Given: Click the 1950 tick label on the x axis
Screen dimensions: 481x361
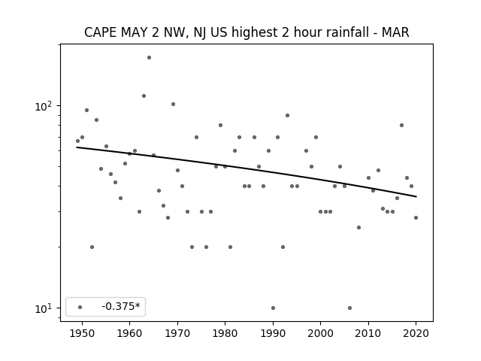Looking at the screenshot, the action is pos(82,333).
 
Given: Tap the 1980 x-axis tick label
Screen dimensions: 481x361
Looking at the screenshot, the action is pos(225,333).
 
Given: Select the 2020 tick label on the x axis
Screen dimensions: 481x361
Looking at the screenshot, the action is pos(416,333).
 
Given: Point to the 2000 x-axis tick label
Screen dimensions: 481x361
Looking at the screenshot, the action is pos(321,333).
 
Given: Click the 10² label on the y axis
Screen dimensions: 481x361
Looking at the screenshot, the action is pos(43,106).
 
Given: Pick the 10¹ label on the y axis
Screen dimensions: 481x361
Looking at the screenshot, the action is pos(43,308).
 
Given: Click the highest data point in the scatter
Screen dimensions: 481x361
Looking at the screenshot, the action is pos(149,57).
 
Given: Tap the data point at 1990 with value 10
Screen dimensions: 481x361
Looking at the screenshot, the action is pos(273,308).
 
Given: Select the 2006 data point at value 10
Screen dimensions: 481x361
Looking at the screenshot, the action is pos(349,308).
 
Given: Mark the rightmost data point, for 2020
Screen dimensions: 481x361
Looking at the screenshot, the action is pos(416,217).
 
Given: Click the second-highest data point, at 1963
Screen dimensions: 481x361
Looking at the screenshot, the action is pos(144,96).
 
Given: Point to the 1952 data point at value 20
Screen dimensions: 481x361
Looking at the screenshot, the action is pos(92,247).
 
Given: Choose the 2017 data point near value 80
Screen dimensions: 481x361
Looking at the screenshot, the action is pos(401,125).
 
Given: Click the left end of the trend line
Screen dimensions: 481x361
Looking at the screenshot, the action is pos(77,147).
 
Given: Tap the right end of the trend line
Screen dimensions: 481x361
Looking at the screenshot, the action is pos(416,196).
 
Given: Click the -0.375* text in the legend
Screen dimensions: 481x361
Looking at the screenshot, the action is pos(121,306).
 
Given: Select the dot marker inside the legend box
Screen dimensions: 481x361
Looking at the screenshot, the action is pos(80,307).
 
